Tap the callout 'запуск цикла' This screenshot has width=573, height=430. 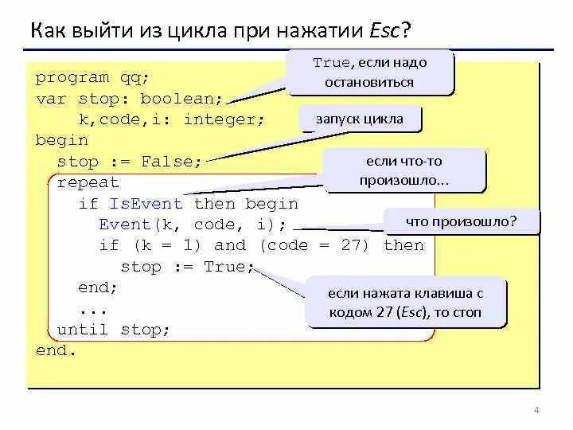[x=361, y=119]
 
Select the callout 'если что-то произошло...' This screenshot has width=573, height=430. [x=403, y=170]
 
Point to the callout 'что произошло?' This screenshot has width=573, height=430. [x=461, y=221]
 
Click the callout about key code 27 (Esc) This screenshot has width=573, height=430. [x=404, y=303]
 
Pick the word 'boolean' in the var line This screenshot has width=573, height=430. [x=181, y=99]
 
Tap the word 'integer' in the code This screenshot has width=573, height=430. [x=224, y=119]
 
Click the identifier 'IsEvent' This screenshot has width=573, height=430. [x=146, y=204]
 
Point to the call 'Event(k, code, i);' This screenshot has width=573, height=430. [x=192, y=225]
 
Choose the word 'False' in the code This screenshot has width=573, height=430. [x=167, y=162]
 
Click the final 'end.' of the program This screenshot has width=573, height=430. [x=56, y=350]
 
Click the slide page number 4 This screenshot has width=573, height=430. [x=536, y=411]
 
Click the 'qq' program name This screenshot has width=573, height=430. [x=134, y=78]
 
